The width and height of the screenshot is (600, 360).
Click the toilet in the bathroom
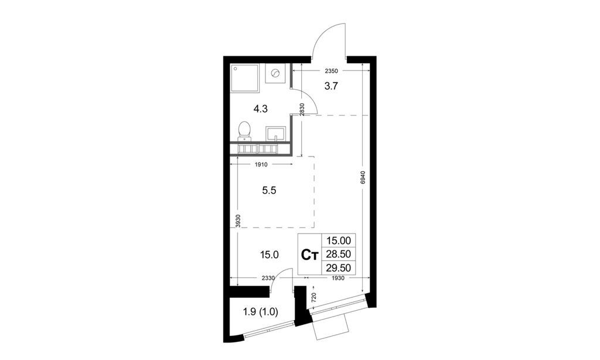tap(244, 130)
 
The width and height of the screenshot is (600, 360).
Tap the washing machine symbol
tap(276, 74)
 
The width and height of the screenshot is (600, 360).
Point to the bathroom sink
tap(275, 134)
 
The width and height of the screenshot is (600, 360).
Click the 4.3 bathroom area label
tap(261, 108)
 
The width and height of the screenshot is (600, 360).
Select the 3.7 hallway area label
tap(332, 86)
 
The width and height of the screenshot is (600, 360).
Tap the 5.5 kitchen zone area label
tap(268, 191)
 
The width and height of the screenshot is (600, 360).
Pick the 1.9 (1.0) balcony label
tap(261, 311)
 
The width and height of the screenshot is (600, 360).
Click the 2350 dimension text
tap(332, 71)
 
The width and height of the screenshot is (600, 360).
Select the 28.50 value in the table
tap(339, 254)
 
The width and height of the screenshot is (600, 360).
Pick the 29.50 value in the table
tap(339, 269)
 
